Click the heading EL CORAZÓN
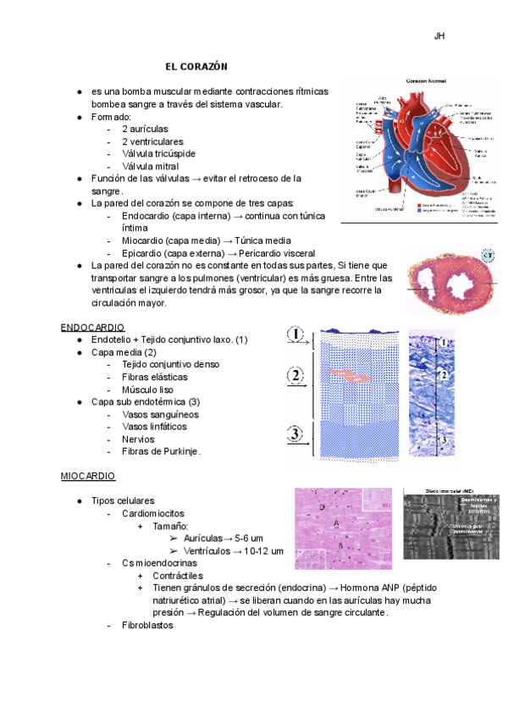coord(196,65)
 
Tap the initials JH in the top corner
coord(439,36)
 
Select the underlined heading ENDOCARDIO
coord(93,326)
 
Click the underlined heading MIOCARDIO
coord(88,477)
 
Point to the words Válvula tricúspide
coord(159,153)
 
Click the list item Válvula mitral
coord(151,166)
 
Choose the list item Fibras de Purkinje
coord(162,451)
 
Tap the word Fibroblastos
coord(148,625)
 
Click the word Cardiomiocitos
coord(153,513)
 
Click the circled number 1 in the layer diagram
coord(295,335)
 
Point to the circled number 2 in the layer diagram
coord(295,375)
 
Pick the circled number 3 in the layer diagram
coord(295,434)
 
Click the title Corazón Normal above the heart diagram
coord(425,81)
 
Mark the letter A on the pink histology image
coord(336,525)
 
